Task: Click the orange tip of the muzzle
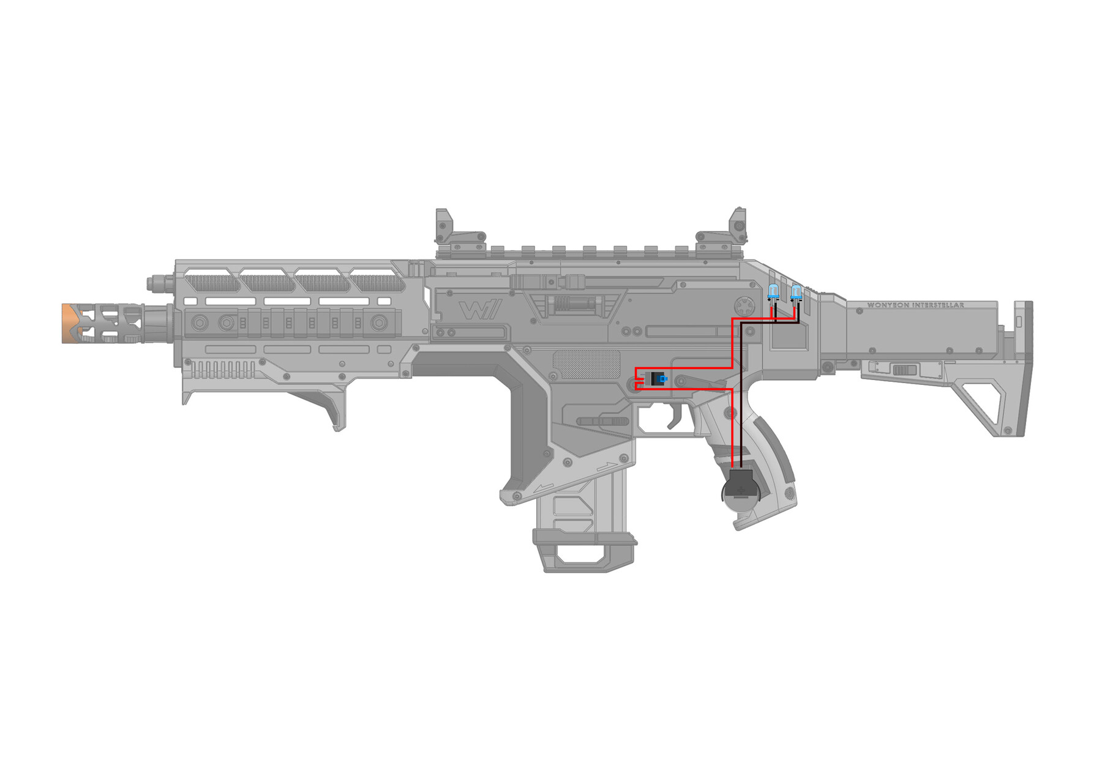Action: pyautogui.click(x=72, y=322)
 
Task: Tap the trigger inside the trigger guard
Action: pyautogui.click(x=675, y=416)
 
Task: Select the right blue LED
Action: pyautogui.click(x=796, y=292)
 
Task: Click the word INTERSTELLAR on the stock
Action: pyautogui.click(x=938, y=305)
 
